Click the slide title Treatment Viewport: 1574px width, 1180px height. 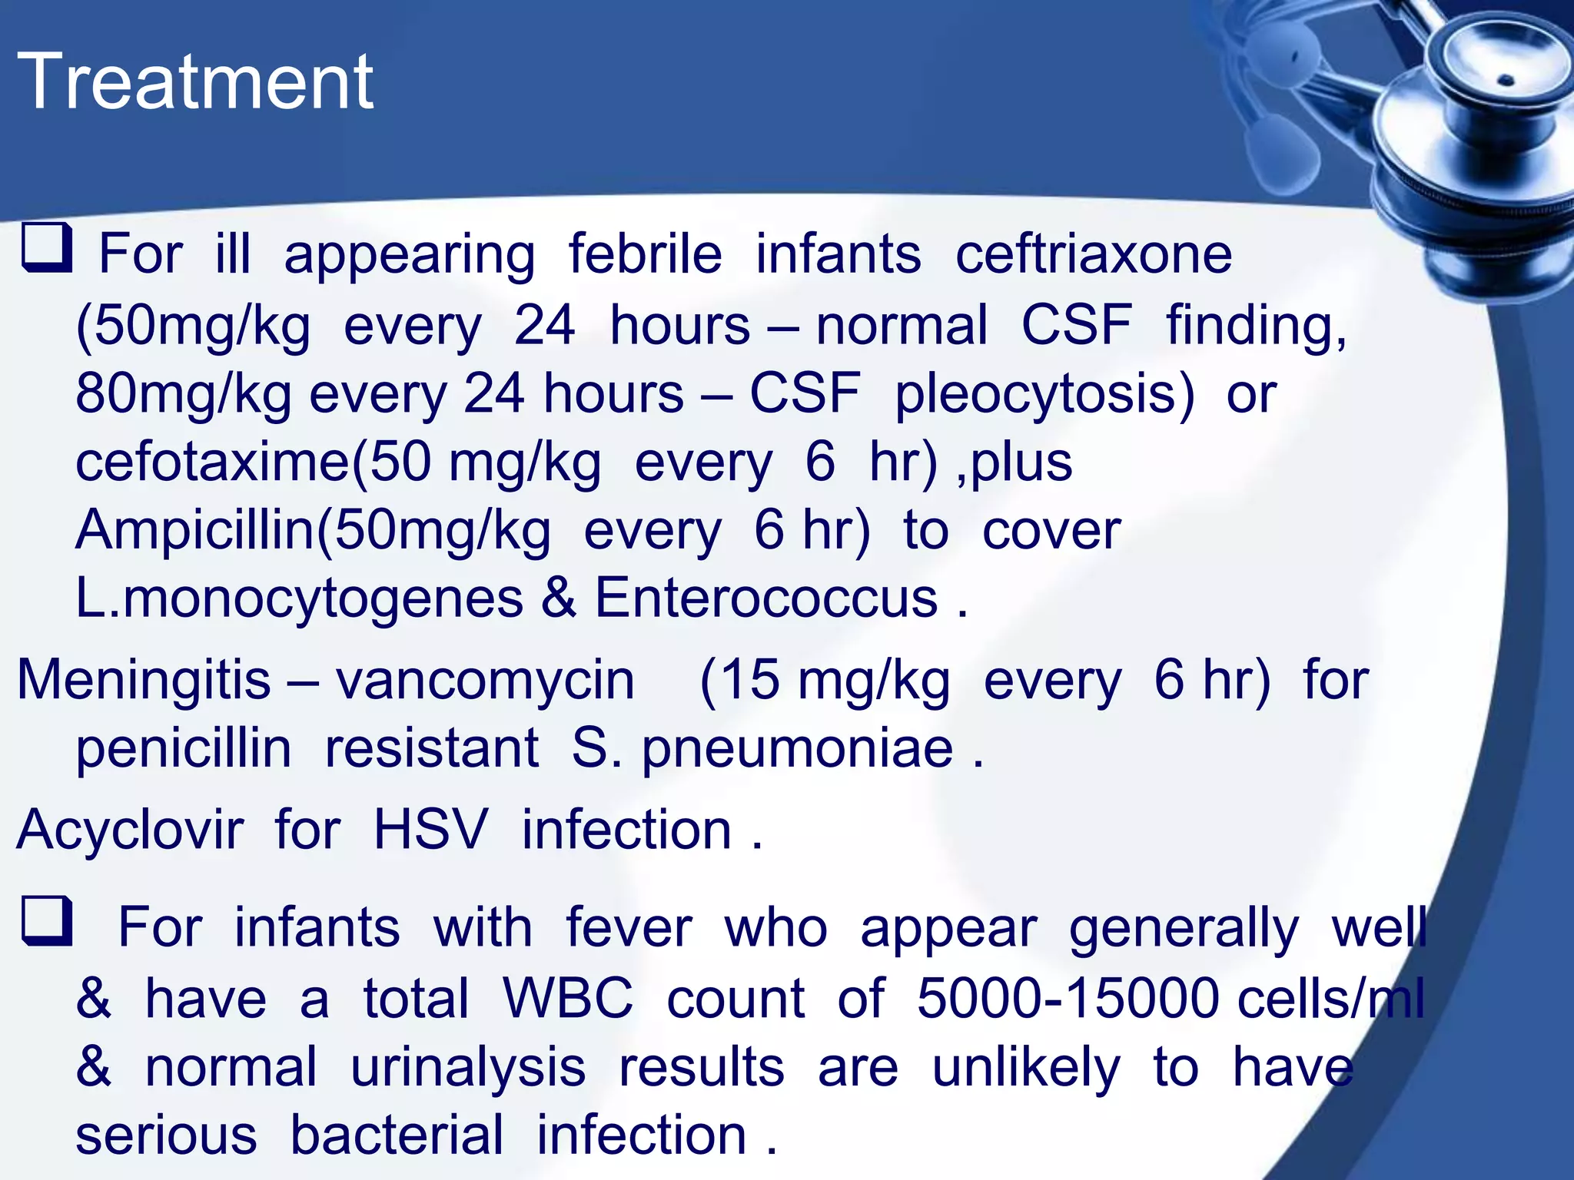pos(195,81)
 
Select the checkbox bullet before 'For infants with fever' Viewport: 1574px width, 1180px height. pos(47,920)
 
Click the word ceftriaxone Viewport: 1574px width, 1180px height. pos(1093,255)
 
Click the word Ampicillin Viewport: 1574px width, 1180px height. pos(196,531)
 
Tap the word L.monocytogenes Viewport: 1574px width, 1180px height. pos(299,599)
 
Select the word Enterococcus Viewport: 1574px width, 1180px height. pos(766,598)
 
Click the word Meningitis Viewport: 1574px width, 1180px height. pos(144,681)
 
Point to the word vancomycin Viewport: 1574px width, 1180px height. pos(485,681)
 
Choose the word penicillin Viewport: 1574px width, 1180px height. pos(184,749)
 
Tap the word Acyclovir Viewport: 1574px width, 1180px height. pos(130,830)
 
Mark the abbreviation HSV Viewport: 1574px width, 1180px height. pos(430,830)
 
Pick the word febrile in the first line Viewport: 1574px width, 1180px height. pos(645,255)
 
